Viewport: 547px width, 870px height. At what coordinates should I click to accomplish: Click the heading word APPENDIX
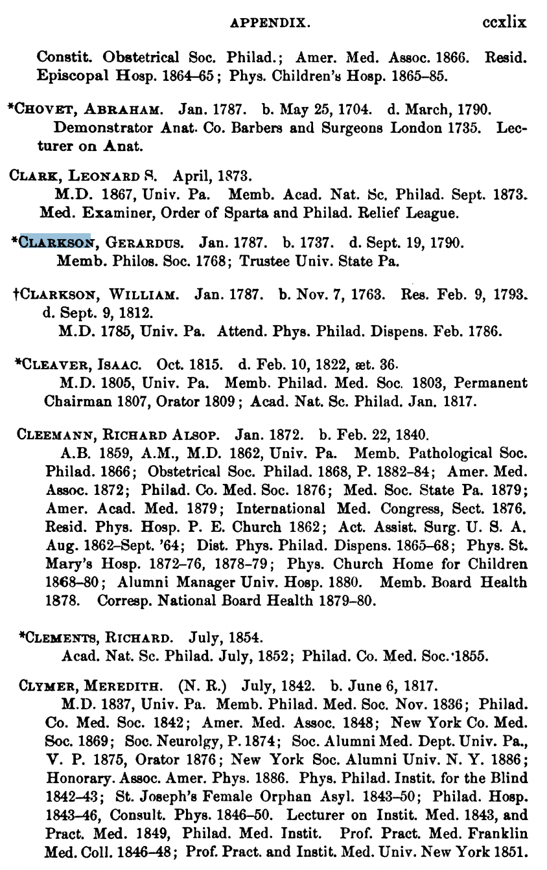(270, 24)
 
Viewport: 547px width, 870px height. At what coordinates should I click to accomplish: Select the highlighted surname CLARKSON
(54, 244)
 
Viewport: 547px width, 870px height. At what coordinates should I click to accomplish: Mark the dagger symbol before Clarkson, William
(16, 295)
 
